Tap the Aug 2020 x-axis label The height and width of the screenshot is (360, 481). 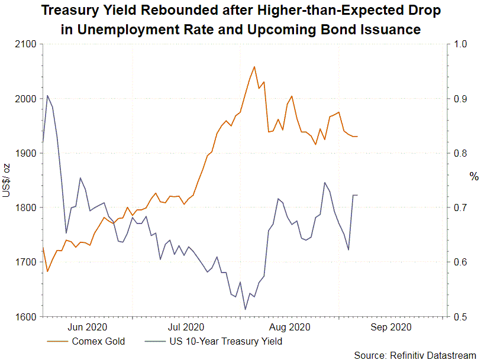[290, 326]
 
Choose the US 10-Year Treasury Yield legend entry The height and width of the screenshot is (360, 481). [225, 341]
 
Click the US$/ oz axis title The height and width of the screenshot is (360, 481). [7, 181]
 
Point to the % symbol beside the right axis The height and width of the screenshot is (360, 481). [473, 177]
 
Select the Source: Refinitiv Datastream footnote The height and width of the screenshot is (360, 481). [415, 355]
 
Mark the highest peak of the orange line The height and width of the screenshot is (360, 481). [254, 67]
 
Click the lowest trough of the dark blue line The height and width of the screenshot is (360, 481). [245, 309]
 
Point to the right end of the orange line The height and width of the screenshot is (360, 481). [357, 137]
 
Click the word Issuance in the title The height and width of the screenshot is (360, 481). [391, 29]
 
